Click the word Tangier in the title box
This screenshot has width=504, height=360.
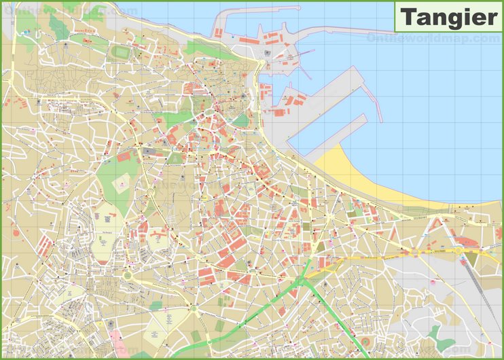coord(448,16)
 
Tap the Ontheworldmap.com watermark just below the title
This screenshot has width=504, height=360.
coord(433,39)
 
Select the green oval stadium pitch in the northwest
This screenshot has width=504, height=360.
coord(121,52)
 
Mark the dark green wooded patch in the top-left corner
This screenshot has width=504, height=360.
coord(58,27)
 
